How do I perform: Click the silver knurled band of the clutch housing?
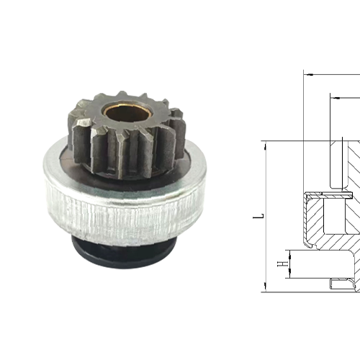coord(122,209)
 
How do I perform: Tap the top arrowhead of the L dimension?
coord(266,145)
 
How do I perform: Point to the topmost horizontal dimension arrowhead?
coord(308,73)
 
